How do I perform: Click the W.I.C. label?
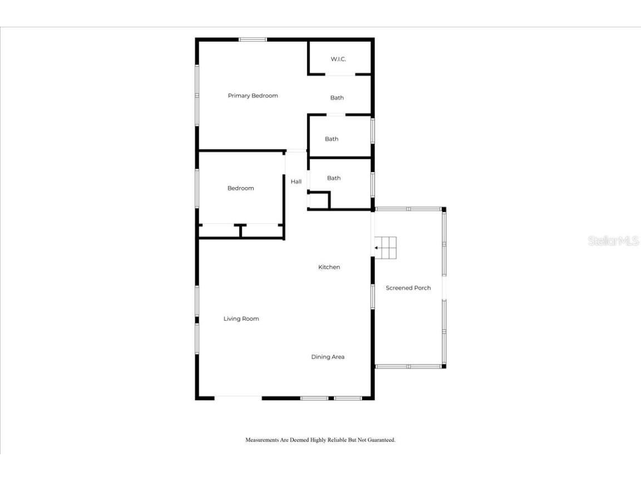click(x=338, y=59)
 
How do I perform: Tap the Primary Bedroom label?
click(x=253, y=96)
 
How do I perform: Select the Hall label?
click(x=296, y=181)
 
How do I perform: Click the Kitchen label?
click(x=329, y=267)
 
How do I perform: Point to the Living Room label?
click(x=241, y=319)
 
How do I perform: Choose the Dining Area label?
click(x=328, y=357)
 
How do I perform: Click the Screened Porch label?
click(x=408, y=288)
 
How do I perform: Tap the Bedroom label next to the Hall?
click(x=240, y=188)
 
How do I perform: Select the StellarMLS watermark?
click(x=613, y=241)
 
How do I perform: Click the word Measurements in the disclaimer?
click(x=262, y=440)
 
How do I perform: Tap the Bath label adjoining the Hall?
click(x=334, y=178)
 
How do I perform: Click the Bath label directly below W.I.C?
click(x=337, y=98)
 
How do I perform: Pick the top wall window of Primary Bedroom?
click(x=253, y=40)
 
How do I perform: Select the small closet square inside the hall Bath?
click(x=319, y=200)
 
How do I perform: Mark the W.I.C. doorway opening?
click(x=341, y=74)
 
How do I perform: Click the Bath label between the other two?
click(x=332, y=139)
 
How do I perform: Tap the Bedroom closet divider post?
click(x=240, y=230)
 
